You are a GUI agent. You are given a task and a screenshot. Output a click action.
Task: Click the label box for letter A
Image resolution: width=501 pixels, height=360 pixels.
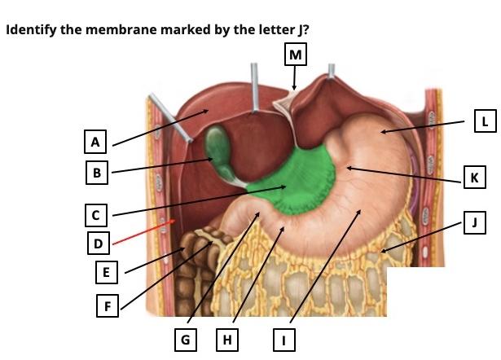click(96, 142)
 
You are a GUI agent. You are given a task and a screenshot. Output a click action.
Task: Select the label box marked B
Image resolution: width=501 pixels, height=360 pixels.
click(96, 173)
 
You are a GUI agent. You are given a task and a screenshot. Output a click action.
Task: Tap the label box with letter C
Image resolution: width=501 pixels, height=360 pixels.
click(96, 215)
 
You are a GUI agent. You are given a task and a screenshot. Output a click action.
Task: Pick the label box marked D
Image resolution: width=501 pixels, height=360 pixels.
click(98, 242)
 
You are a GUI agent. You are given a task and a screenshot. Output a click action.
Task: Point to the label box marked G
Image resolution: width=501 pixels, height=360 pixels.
click(187, 339)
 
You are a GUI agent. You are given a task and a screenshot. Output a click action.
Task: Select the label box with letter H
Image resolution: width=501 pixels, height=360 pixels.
click(229, 339)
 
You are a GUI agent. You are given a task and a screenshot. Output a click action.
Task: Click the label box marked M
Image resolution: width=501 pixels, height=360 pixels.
click(295, 55)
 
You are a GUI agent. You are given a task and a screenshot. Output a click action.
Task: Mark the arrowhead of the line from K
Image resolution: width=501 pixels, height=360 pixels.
click(348, 168)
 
